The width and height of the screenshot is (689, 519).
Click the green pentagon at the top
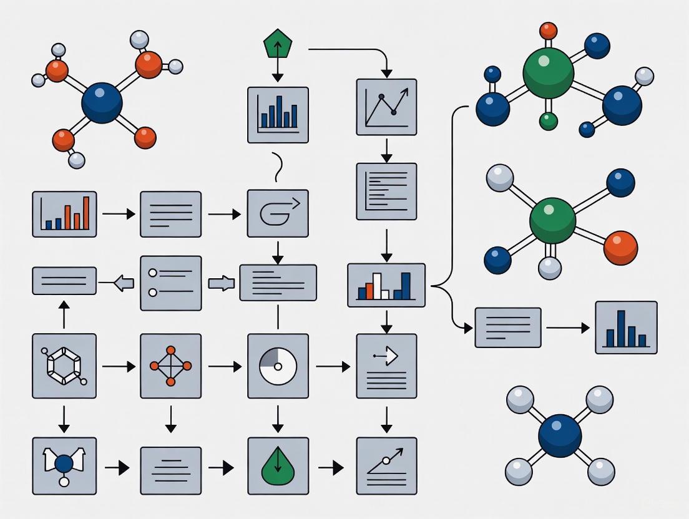click(278, 46)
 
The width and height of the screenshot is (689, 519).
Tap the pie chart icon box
click(278, 366)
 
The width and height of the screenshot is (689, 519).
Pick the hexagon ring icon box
click(64, 366)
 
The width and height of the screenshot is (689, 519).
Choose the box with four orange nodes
click(170, 366)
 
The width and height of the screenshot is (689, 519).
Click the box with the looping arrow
click(278, 213)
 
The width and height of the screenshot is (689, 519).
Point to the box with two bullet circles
click(170, 283)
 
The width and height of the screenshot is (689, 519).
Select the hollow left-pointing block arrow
click(125, 283)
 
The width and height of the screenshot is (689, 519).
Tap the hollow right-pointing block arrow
click(220, 283)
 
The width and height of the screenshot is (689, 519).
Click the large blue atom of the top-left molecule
click(102, 104)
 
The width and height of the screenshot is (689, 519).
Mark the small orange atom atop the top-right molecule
click(548, 30)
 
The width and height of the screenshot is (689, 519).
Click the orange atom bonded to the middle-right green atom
click(620, 247)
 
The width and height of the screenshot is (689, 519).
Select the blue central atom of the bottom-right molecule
click(560, 436)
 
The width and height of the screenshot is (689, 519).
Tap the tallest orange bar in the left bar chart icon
click(86, 213)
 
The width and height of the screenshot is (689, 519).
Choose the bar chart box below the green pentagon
click(278, 115)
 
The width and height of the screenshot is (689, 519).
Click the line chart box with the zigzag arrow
click(386, 107)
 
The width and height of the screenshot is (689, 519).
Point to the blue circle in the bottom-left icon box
click(64, 463)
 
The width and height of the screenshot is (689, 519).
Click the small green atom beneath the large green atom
click(548, 121)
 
